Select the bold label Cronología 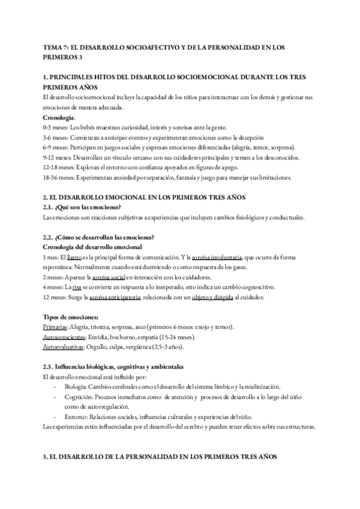tap(59, 118)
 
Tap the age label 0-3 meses tap(55, 128)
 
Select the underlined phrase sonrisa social tap(108, 277)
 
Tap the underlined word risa tap(76, 288)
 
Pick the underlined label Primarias tap(55, 327)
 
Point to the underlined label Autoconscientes tap(64, 337)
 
